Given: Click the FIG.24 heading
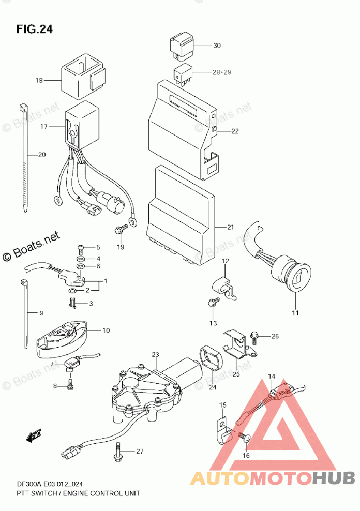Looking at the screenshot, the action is point(34,29).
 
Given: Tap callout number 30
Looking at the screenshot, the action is point(217,46).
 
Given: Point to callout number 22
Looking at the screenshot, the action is point(235,131).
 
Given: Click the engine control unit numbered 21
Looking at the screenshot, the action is point(181,212).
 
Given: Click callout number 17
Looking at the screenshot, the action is point(44,126).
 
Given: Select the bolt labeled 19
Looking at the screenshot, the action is point(119,229).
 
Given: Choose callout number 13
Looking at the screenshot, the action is point(213,323).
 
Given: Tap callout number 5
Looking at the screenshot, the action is point(98,247).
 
